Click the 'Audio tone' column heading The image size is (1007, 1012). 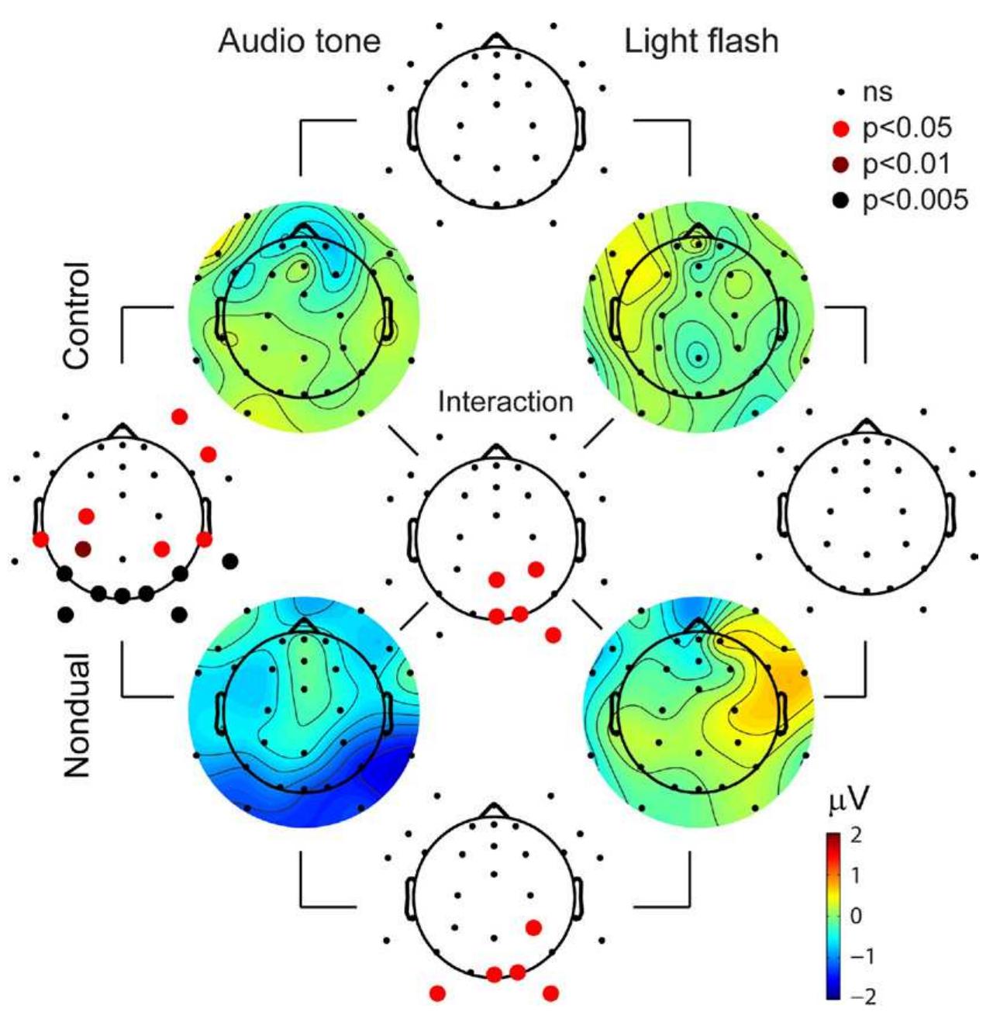(x=299, y=40)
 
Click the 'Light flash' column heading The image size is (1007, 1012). (x=701, y=40)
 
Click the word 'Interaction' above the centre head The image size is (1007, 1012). (x=505, y=402)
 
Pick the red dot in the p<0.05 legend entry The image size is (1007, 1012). (x=842, y=129)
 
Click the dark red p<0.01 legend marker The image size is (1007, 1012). (x=842, y=164)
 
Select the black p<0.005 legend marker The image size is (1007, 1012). (x=842, y=200)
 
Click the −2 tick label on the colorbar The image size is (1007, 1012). (x=863, y=996)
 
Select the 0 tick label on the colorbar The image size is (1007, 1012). (x=856, y=916)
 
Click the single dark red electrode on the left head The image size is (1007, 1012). (x=83, y=549)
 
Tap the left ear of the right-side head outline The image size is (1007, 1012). (x=783, y=514)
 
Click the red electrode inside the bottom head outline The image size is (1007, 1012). (x=533, y=927)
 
